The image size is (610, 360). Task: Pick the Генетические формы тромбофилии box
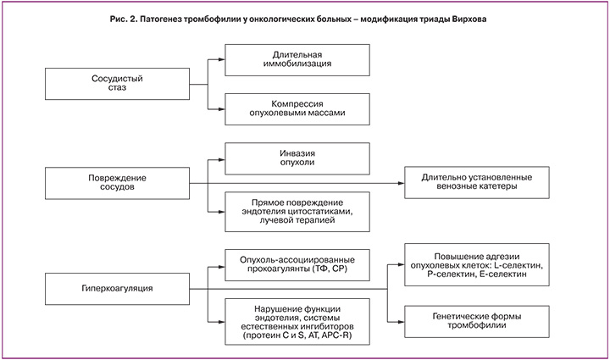480,319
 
